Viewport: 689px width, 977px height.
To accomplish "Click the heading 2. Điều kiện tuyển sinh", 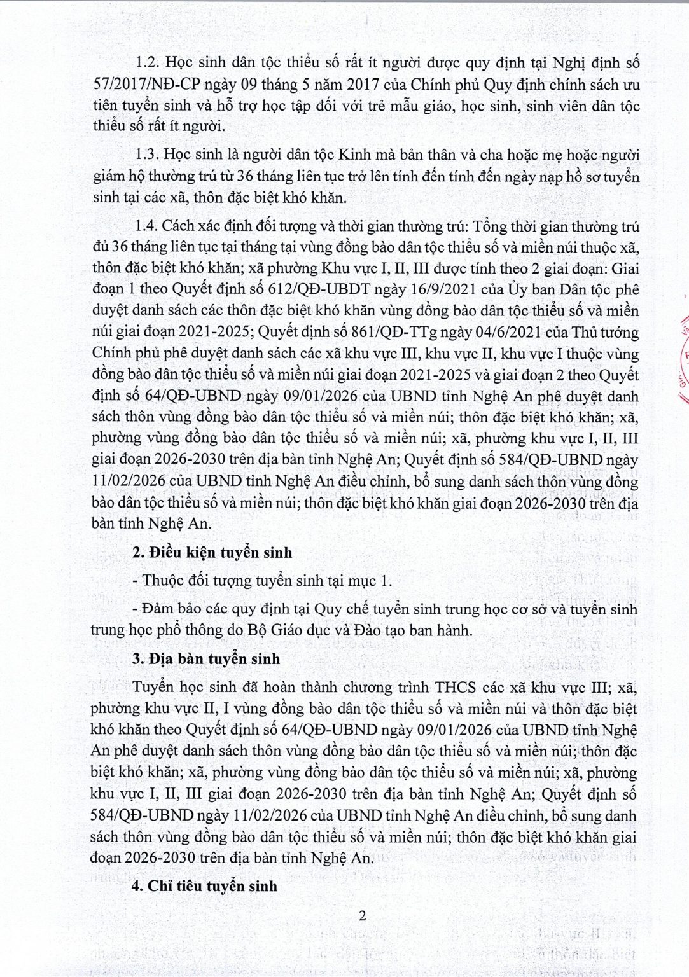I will click(212, 553).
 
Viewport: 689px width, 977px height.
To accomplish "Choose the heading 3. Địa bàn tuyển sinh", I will click(205, 658).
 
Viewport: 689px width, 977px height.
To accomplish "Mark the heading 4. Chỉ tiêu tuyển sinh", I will click(204, 885).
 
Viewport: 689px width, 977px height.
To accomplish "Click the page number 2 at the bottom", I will click(363, 917).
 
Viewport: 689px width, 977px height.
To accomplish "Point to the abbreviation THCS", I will click(457, 688).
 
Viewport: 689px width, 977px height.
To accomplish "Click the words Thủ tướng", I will click(605, 332).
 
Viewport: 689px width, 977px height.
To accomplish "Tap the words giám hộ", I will click(115, 176).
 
